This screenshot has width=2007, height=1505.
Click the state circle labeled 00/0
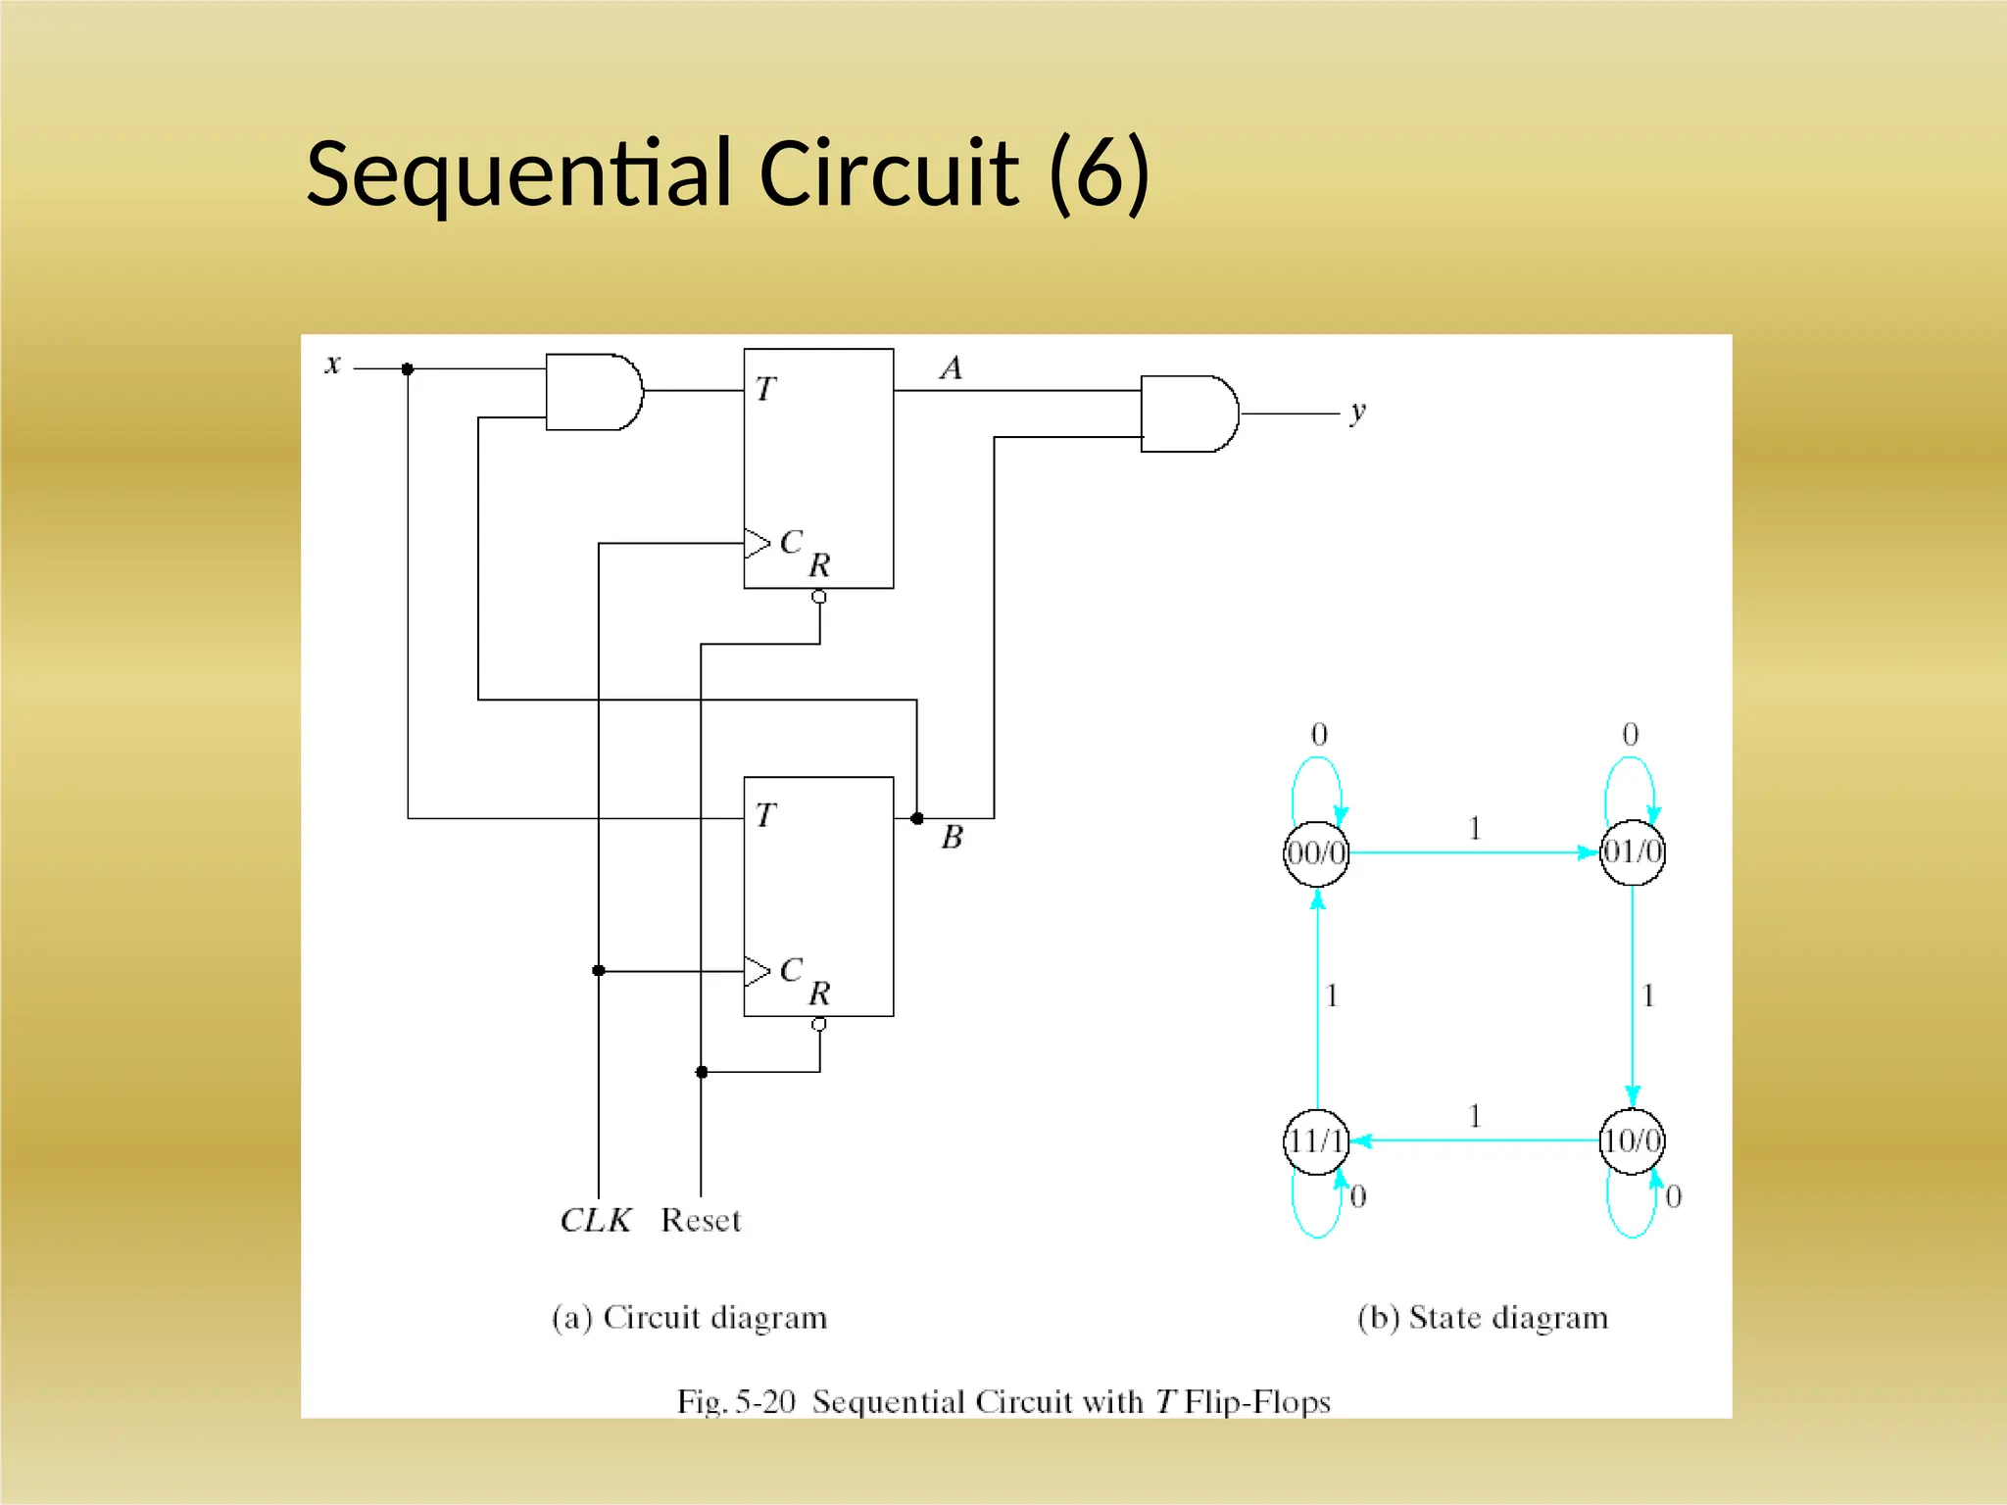click(x=1316, y=853)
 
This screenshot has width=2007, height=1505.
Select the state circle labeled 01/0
click(x=1632, y=852)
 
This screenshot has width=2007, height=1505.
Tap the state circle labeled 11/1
click(x=1316, y=1141)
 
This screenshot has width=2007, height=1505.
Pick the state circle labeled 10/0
click(x=1632, y=1141)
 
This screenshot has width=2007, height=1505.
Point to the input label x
click(x=332, y=364)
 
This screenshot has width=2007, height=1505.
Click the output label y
click(x=1357, y=412)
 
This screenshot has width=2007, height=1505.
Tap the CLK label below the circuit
click(x=595, y=1221)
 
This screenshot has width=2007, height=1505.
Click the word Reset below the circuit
click(x=701, y=1221)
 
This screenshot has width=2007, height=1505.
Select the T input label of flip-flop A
click(x=765, y=390)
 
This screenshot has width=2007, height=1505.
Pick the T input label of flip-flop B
click(x=765, y=815)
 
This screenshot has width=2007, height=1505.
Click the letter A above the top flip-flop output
click(x=951, y=368)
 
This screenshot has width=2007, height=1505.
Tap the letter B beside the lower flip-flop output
click(x=952, y=838)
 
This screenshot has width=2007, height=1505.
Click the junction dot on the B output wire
click(x=917, y=818)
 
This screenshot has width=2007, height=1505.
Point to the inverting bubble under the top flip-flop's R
click(x=819, y=597)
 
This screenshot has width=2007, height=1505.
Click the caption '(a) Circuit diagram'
click(x=690, y=1318)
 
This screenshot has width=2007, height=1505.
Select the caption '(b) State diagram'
click(x=1483, y=1318)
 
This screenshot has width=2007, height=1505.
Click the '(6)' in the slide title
click(x=1099, y=174)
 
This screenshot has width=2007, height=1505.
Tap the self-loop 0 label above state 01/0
click(x=1631, y=735)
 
